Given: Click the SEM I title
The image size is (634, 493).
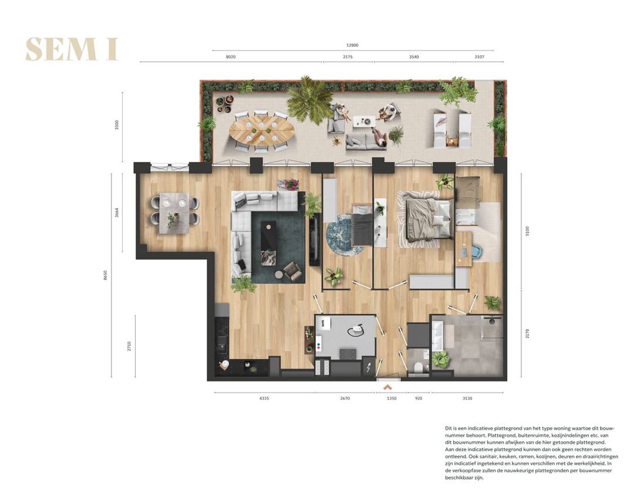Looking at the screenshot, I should click(x=72, y=49).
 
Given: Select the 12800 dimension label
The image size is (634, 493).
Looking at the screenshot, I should click(x=352, y=45).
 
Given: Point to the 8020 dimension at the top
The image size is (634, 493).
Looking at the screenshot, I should click(x=231, y=58).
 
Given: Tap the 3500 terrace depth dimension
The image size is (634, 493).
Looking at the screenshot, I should click(x=117, y=125).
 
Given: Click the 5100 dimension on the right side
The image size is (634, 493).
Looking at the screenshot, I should click(x=527, y=231).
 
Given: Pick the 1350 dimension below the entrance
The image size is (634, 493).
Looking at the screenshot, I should click(x=392, y=399).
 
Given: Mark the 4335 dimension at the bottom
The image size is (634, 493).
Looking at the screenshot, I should click(x=264, y=399).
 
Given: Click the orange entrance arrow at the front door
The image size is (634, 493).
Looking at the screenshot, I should click(x=387, y=387).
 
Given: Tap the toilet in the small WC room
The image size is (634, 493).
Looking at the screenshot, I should click(x=418, y=367).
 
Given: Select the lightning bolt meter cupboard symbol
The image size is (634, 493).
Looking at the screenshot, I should click(x=369, y=367).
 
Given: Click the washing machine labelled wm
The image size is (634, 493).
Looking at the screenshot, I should click(x=324, y=323).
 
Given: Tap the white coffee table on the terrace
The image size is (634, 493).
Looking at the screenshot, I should click(x=364, y=121).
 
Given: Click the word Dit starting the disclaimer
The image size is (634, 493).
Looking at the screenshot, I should click(x=449, y=430).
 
